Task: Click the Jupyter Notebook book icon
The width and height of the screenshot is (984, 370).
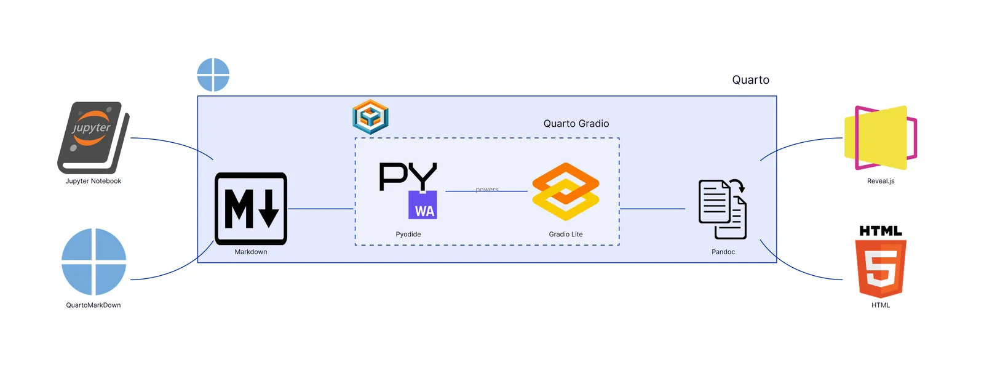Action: pyautogui.click(x=93, y=137)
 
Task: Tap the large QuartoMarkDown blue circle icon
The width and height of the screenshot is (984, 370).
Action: pyautogui.click(x=93, y=262)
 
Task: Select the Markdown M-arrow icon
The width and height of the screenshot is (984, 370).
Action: pyautogui.click(x=251, y=209)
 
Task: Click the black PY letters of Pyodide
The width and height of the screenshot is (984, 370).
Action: pyautogui.click(x=407, y=177)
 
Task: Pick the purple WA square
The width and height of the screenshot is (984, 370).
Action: pyautogui.click(x=423, y=205)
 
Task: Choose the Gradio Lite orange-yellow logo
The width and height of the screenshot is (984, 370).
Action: pyautogui.click(x=565, y=191)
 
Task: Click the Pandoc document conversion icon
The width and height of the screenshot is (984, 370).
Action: pyautogui.click(x=723, y=209)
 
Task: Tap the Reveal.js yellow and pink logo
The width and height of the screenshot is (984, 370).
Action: pyautogui.click(x=880, y=138)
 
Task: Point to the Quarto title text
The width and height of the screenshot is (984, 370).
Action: pyautogui.click(x=750, y=80)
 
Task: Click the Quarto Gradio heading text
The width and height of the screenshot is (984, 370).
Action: pyautogui.click(x=576, y=124)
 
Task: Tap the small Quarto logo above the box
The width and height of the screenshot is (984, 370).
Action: pyautogui.click(x=213, y=75)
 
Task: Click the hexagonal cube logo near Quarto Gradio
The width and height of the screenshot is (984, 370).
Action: pyautogui.click(x=370, y=116)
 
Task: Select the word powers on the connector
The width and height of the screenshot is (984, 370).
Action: pyautogui.click(x=487, y=190)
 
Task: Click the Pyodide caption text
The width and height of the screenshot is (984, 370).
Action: pyautogui.click(x=408, y=235)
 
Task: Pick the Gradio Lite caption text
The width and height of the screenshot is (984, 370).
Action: pyautogui.click(x=566, y=235)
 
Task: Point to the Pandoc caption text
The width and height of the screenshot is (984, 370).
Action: pyautogui.click(x=723, y=252)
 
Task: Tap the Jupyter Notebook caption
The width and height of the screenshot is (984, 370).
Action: pyautogui.click(x=93, y=181)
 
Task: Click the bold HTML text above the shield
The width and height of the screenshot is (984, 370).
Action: pyautogui.click(x=881, y=231)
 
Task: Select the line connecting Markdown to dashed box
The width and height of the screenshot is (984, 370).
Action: pyautogui.click(x=320, y=209)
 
